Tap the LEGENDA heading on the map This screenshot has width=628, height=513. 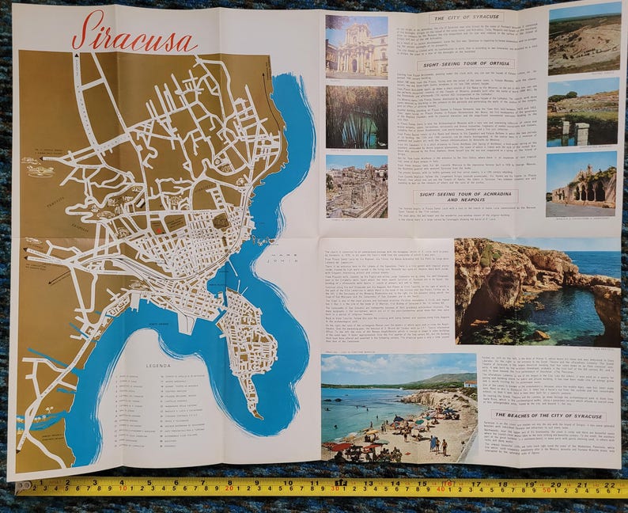click(160, 366)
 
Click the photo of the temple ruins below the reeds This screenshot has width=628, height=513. click(356, 186)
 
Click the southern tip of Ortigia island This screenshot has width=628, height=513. click(252, 413)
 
